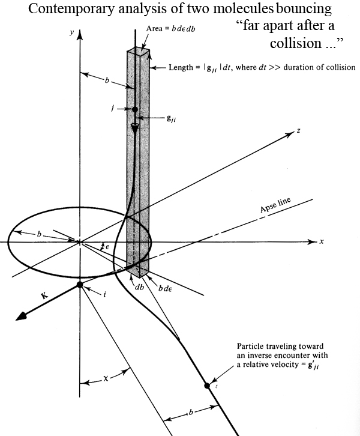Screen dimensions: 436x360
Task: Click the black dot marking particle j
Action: (135, 109)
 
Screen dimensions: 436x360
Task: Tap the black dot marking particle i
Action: (79, 285)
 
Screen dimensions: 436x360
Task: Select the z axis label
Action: (298, 131)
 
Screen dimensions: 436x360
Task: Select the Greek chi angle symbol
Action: (106, 379)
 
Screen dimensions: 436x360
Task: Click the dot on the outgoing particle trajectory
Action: (208, 386)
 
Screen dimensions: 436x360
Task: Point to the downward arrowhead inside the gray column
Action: (135, 129)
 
